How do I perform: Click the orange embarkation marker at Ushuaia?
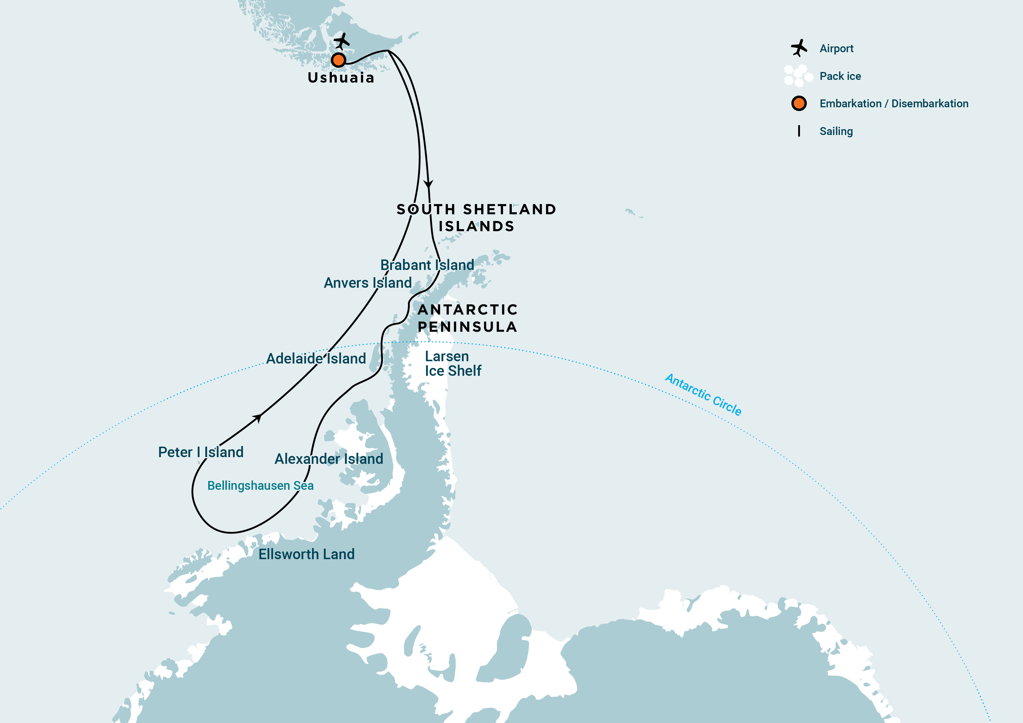point(339,60)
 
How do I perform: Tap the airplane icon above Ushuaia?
point(342,41)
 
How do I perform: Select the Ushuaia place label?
point(341,78)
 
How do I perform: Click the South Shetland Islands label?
point(476,217)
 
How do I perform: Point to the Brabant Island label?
point(427,265)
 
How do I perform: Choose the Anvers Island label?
point(367,283)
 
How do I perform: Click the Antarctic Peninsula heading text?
point(467,318)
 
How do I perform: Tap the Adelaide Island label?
point(316,359)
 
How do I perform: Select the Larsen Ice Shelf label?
point(453,364)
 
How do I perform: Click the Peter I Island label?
point(201,452)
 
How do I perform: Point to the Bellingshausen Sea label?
point(260,486)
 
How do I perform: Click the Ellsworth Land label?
point(306,554)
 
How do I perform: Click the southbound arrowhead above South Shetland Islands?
point(428,184)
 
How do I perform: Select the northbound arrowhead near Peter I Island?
point(257,417)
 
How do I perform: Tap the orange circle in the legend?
point(799,103)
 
